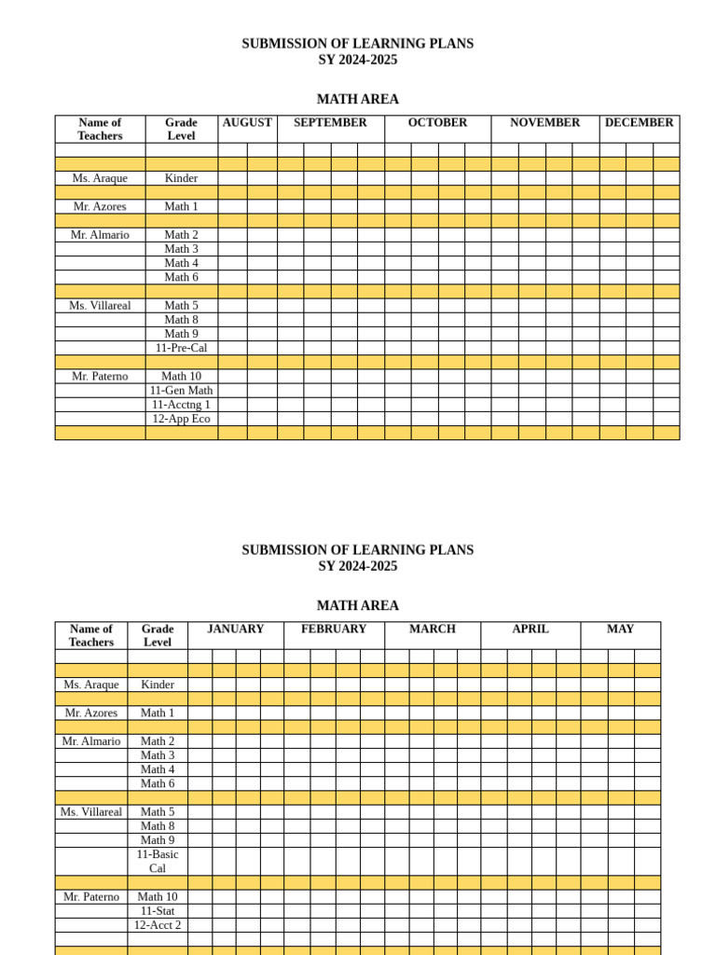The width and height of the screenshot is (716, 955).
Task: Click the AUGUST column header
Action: (x=247, y=123)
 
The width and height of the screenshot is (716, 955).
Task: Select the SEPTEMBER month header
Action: (x=330, y=123)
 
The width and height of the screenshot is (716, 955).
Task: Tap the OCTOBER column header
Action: (x=437, y=123)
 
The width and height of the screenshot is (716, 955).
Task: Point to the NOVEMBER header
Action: (x=544, y=123)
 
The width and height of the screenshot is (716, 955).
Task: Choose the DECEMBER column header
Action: (x=639, y=123)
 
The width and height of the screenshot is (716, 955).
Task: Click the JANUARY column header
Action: (x=235, y=630)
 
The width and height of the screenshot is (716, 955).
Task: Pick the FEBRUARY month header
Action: (x=334, y=630)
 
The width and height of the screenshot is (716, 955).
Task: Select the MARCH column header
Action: (x=433, y=630)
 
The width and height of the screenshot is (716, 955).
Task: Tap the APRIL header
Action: (x=530, y=630)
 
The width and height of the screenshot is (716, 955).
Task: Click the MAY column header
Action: (x=620, y=630)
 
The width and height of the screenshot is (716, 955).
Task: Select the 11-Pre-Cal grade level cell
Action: (x=181, y=348)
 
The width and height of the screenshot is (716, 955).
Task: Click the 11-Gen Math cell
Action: (x=181, y=391)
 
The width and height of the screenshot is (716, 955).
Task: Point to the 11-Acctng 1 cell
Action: (x=181, y=405)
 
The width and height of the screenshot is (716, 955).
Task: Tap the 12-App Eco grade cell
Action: (x=181, y=419)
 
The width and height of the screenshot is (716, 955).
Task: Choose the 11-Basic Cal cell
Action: (x=158, y=861)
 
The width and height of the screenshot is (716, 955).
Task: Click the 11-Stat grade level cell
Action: (x=158, y=911)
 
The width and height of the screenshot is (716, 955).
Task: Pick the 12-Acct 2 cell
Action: (x=158, y=925)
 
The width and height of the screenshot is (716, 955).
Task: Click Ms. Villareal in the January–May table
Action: (x=91, y=812)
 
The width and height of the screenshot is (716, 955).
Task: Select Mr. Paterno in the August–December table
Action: (x=100, y=377)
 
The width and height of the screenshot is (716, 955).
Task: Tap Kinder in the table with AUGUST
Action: (x=181, y=178)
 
